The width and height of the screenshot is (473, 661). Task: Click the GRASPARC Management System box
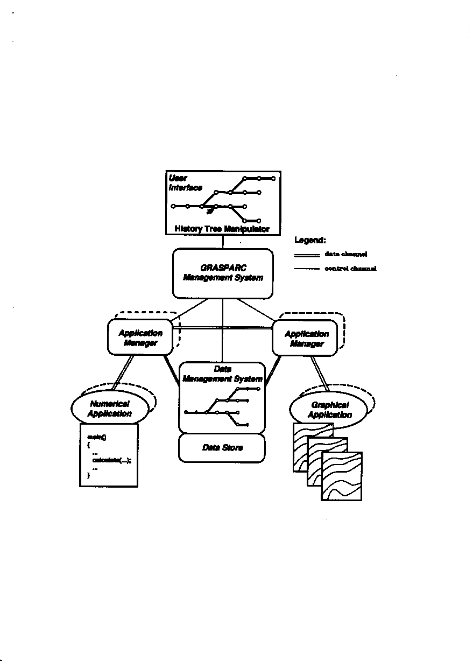223,273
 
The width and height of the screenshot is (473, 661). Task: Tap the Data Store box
222,448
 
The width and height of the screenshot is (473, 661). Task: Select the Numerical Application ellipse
109,409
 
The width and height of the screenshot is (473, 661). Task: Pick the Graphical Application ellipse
329,410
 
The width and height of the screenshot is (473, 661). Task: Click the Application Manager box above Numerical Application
140,337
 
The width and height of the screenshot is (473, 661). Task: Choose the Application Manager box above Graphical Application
306,338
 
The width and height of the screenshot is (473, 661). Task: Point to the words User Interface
185,182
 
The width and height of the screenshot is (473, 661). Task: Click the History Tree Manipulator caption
222,229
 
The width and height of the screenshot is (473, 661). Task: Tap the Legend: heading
310,240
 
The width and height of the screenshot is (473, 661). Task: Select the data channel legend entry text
346,254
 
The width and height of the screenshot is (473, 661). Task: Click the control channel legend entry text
350,269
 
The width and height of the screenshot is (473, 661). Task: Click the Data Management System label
222,374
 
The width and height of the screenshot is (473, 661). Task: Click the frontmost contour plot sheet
342,477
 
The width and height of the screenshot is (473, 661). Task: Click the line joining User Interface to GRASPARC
223,242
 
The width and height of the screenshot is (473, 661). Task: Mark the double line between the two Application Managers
223,327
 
